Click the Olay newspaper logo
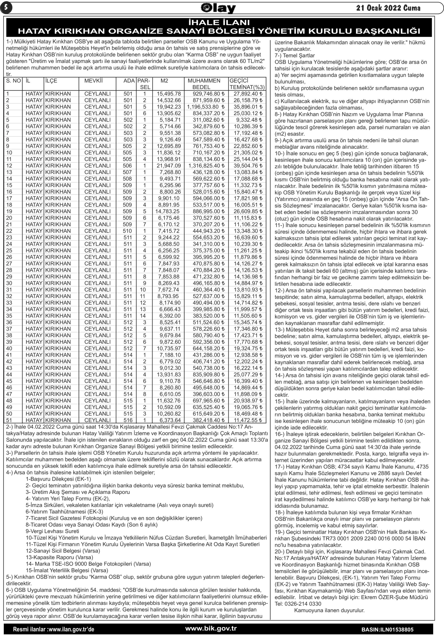click(x=218, y=8)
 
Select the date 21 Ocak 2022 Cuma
click(x=388, y=8)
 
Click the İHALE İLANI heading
click(x=219, y=22)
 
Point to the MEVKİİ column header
click(x=93, y=81)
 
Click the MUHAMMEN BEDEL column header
click(x=204, y=84)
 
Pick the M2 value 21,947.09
click(x=169, y=166)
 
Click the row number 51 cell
click(x=9, y=420)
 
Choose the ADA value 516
click(x=128, y=420)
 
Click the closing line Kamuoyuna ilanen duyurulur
click(x=329, y=610)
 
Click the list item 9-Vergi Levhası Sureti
click(x=52, y=531)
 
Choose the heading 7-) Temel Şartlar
click(x=295, y=56)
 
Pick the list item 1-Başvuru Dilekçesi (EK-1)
click(x=58, y=479)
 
